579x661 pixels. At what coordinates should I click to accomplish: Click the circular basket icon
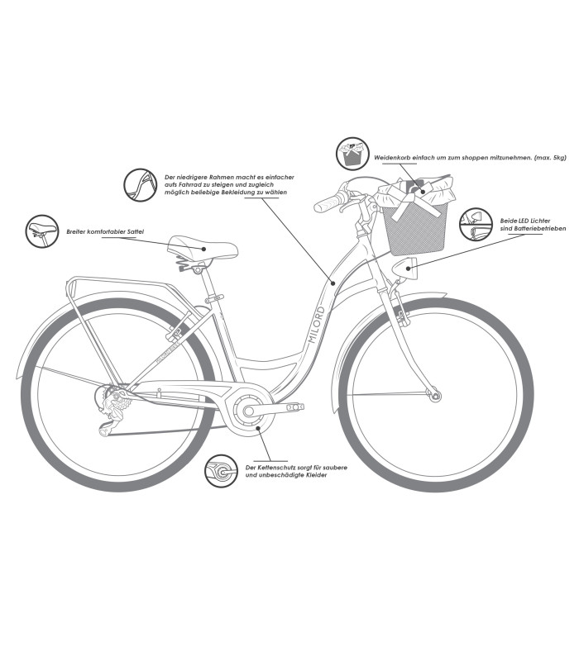coord(351,155)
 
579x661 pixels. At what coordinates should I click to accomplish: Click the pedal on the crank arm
coord(294,407)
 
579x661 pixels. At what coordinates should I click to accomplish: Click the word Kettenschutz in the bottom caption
coord(276,468)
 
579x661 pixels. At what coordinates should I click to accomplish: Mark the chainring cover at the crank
coord(249,411)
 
